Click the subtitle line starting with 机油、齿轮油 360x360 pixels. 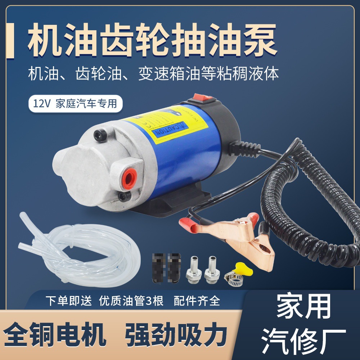tap(153, 75)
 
